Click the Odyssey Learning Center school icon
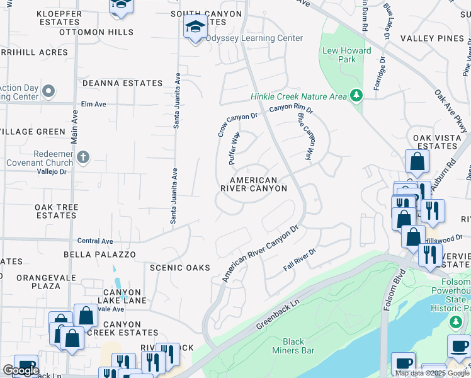tap(195, 28)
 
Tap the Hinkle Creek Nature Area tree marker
tap(357, 96)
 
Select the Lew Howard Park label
tap(339, 55)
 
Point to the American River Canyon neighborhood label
tap(254, 184)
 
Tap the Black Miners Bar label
tap(293, 346)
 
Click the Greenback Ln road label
tap(275, 317)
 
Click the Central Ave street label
tap(95, 241)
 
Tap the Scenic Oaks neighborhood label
tap(179, 268)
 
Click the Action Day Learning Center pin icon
tap(48, 93)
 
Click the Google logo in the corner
tap(21, 370)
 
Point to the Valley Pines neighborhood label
tap(440, 38)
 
